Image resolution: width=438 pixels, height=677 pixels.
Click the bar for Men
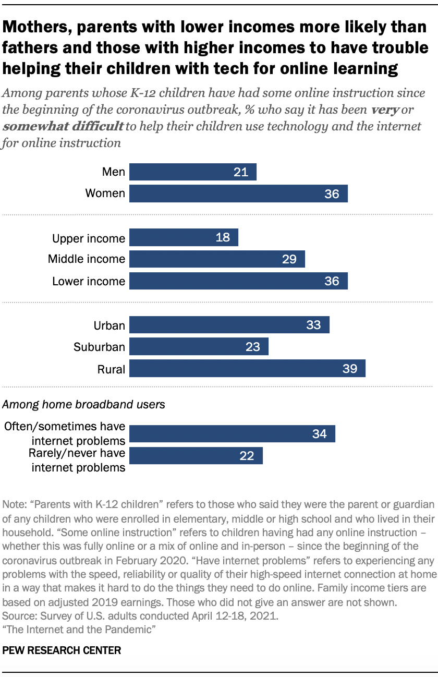point(192,172)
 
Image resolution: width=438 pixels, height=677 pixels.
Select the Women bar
point(238,194)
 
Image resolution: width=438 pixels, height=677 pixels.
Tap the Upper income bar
point(184,237)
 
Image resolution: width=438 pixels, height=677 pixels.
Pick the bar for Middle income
point(217,259)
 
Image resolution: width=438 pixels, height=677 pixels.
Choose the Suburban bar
point(199,347)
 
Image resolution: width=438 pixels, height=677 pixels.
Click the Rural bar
point(247,369)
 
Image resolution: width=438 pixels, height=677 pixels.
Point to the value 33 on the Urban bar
point(313,325)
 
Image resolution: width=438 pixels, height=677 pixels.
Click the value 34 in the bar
point(319,434)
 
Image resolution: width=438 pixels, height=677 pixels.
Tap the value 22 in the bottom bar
point(247,456)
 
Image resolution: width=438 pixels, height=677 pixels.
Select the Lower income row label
point(89,282)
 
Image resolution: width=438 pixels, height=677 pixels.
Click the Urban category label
point(109,326)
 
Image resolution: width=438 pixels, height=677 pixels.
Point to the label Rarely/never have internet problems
point(77,460)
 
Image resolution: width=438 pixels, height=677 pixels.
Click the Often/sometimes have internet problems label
point(65,433)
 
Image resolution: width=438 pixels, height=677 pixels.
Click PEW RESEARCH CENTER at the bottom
point(62,650)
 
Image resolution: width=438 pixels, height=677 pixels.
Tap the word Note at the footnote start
point(13,504)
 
